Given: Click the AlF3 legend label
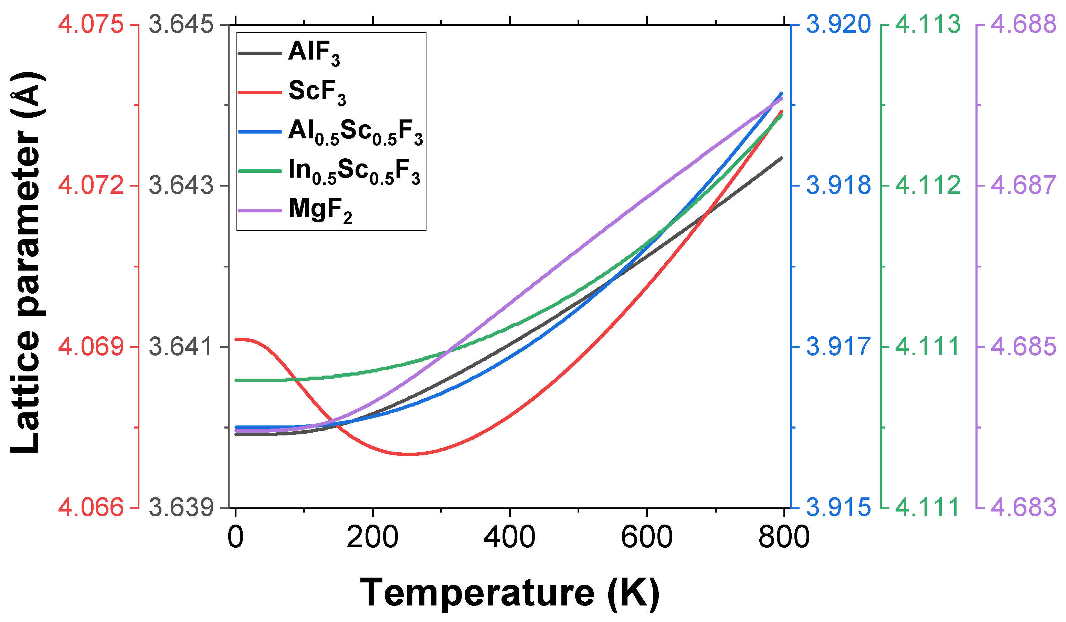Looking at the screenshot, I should pos(314,53).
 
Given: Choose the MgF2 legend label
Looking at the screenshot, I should pos(320,210).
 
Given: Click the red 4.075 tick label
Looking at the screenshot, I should pos(91,24).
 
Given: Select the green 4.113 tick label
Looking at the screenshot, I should pos(928,24).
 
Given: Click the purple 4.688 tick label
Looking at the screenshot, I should pos(1023,24).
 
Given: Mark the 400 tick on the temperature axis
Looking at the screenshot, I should pos(509,537).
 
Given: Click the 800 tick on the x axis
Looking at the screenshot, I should pos(783,537).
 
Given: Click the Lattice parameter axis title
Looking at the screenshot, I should pos(26,262).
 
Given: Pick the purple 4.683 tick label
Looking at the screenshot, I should pos(1023,507).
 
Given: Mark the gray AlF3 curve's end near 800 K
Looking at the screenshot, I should pos(781,158).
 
